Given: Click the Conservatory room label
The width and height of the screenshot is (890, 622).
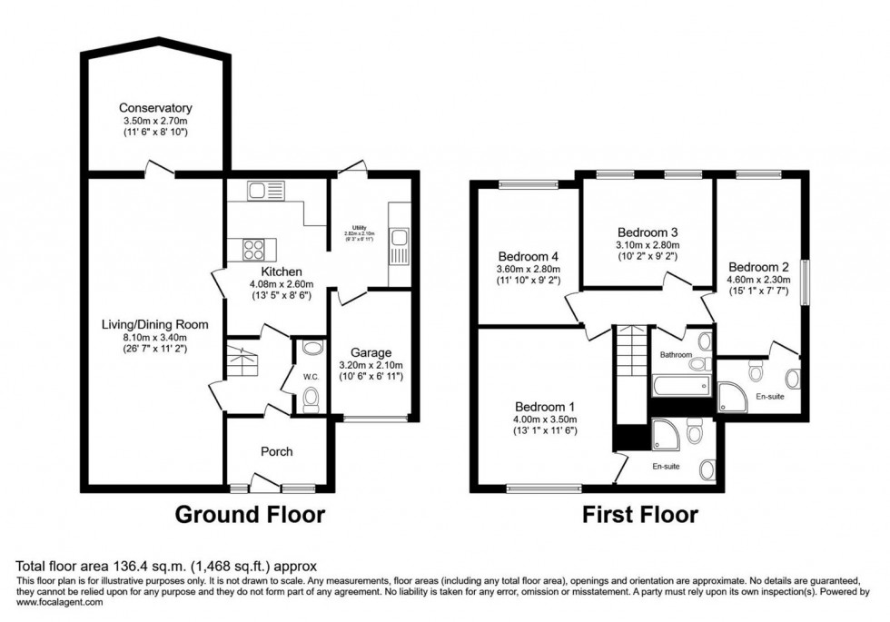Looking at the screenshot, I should [155, 108].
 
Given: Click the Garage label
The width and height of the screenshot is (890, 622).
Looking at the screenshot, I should [371, 352].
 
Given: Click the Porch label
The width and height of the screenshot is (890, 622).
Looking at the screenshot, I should [277, 451].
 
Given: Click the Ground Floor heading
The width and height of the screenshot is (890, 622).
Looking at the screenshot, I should [249, 515].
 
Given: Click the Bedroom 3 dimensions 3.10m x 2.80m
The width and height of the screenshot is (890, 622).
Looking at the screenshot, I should [648, 245].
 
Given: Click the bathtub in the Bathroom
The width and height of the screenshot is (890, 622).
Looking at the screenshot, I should [679, 387].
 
